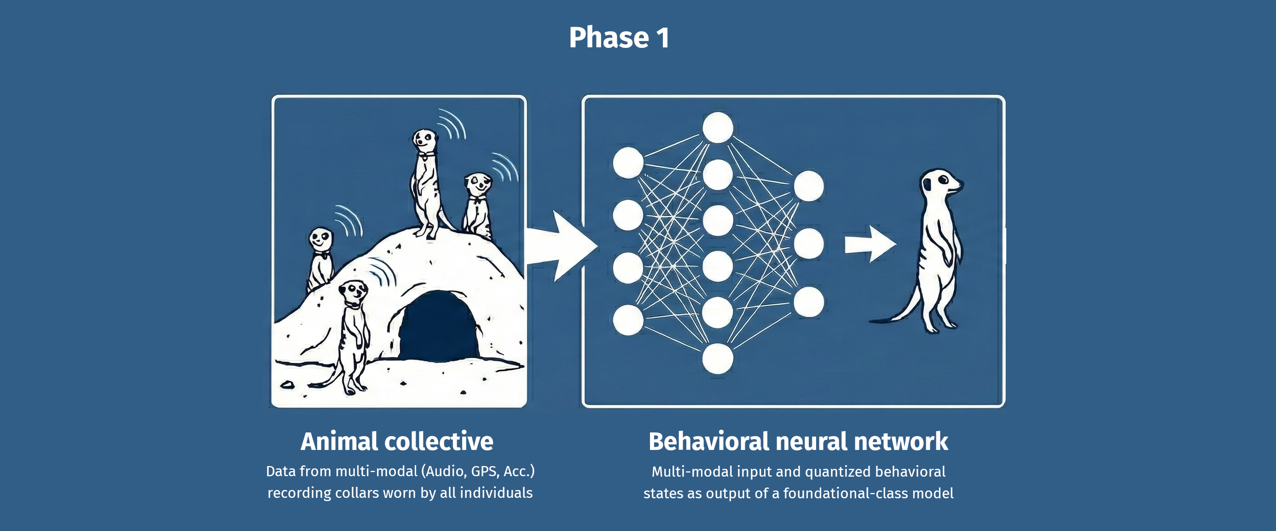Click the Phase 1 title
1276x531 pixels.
pyautogui.click(x=619, y=38)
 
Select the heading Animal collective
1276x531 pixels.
pyautogui.click(x=397, y=441)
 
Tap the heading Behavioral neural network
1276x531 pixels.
pyautogui.click(x=798, y=441)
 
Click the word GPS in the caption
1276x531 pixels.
pyautogui.click(x=484, y=471)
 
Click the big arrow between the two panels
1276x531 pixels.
pyautogui.click(x=560, y=245)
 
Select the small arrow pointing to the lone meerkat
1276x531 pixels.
pyautogui.click(x=870, y=244)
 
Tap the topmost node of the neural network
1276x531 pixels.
pyautogui.click(x=718, y=128)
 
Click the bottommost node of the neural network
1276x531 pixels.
pyautogui.click(x=718, y=358)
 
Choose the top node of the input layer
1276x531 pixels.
pyautogui.click(x=628, y=162)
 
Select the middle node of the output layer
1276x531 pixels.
pyautogui.click(x=808, y=244)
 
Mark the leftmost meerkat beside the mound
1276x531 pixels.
pyautogui.click(x=320, y=258)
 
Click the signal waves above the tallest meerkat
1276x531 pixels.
pyautogui.click(x=452, y=124)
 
